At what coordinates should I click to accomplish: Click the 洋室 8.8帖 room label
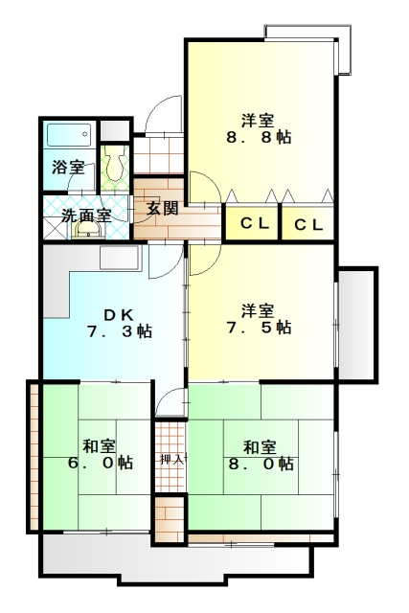click(x=259, y=128)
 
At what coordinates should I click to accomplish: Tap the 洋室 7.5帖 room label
click(x=259, y=319)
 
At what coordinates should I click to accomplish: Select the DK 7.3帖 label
click(x=119, y=323)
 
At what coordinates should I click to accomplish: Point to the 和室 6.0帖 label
click(x=101, y=454)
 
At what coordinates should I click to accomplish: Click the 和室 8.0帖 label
click(x=261, y=455)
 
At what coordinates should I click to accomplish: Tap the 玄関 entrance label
click(x=162, y=209)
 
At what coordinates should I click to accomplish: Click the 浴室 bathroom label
click(x=68, y=168)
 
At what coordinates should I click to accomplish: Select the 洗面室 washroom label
click(x=86, y=216)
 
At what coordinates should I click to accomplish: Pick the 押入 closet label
click(x=171, y=459)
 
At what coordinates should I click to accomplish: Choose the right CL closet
click(x=308, y=223)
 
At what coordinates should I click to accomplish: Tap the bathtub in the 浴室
click(x=69, y=135)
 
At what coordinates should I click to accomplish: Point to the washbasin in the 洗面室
click(x=87, y=230)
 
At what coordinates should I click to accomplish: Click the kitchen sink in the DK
click(x=120, y=258)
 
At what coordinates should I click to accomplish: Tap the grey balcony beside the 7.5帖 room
click(x=356, y=325)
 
